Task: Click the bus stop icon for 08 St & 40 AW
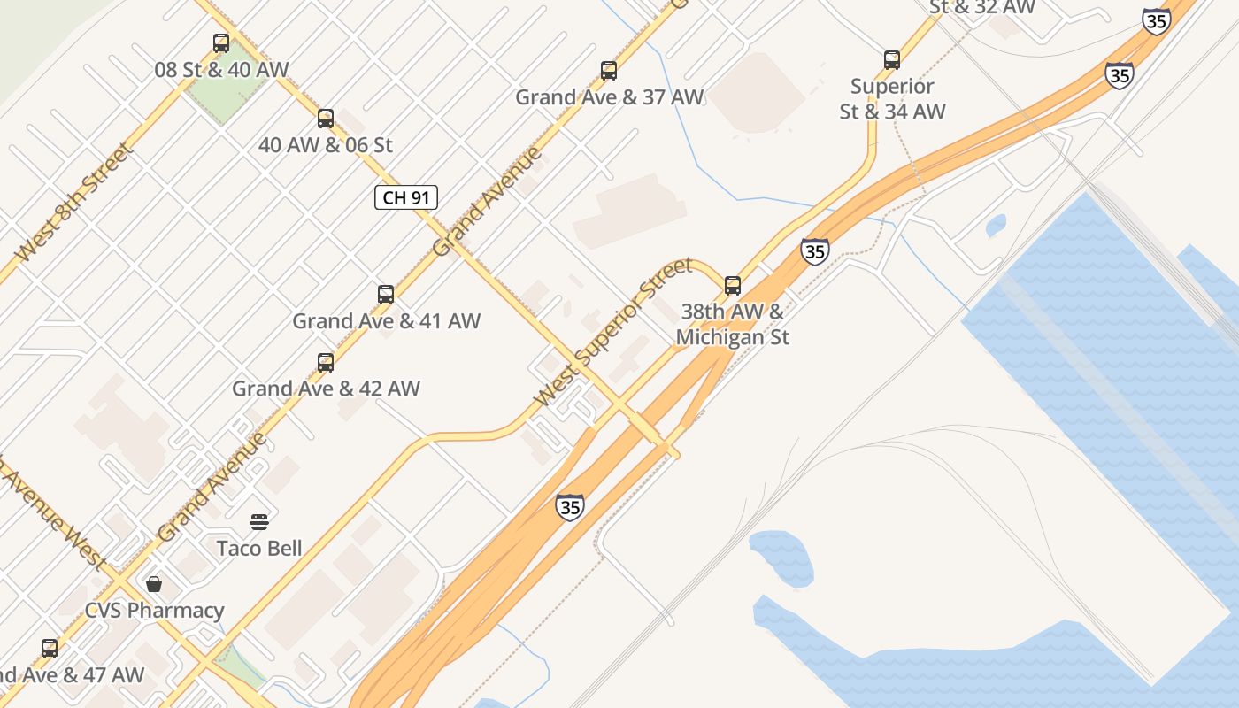221,42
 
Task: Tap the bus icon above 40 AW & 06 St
326,118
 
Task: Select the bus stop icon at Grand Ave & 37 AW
609,70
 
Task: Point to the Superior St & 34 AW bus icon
892,59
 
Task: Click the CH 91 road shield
406,197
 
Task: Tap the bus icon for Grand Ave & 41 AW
386,294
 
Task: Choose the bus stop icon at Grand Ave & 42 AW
326,362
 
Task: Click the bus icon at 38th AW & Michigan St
733,285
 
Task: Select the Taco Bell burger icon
259,521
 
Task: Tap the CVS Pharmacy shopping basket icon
154,584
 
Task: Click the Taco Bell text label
259,548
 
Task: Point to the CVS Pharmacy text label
154,611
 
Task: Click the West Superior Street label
614,332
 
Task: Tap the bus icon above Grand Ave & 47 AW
50,648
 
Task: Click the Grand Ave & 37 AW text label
610,97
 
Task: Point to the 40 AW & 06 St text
326,144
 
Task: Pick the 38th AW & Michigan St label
733,324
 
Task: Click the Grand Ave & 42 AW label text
326,389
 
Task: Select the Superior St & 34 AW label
892,98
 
